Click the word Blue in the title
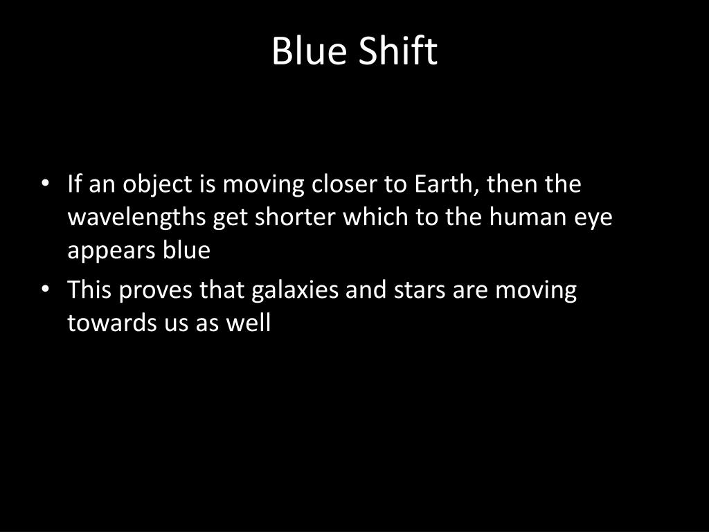point(308,51)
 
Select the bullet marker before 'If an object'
point(45,185)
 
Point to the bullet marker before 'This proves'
point(45,290)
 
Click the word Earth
point(447,185)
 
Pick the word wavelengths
point(137,218)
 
